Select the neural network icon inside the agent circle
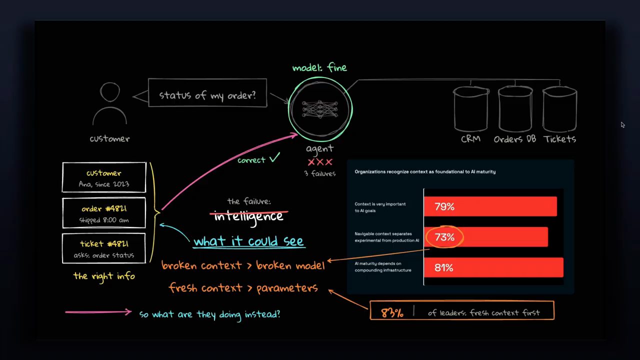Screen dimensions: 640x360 (320, 109)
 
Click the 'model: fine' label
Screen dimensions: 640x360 (319, 67)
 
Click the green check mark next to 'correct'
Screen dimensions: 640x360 (274, 157)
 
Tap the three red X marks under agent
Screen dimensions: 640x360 (320, 162)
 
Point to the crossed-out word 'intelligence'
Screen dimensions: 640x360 (248, 216)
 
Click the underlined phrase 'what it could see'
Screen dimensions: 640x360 (248, 241)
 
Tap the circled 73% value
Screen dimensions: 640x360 (444, 237)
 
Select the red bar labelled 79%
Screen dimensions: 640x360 (490, 206)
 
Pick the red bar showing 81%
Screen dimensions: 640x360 (493, 267)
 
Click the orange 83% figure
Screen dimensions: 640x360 (392, 313)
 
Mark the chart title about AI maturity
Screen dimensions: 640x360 (425, 171)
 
